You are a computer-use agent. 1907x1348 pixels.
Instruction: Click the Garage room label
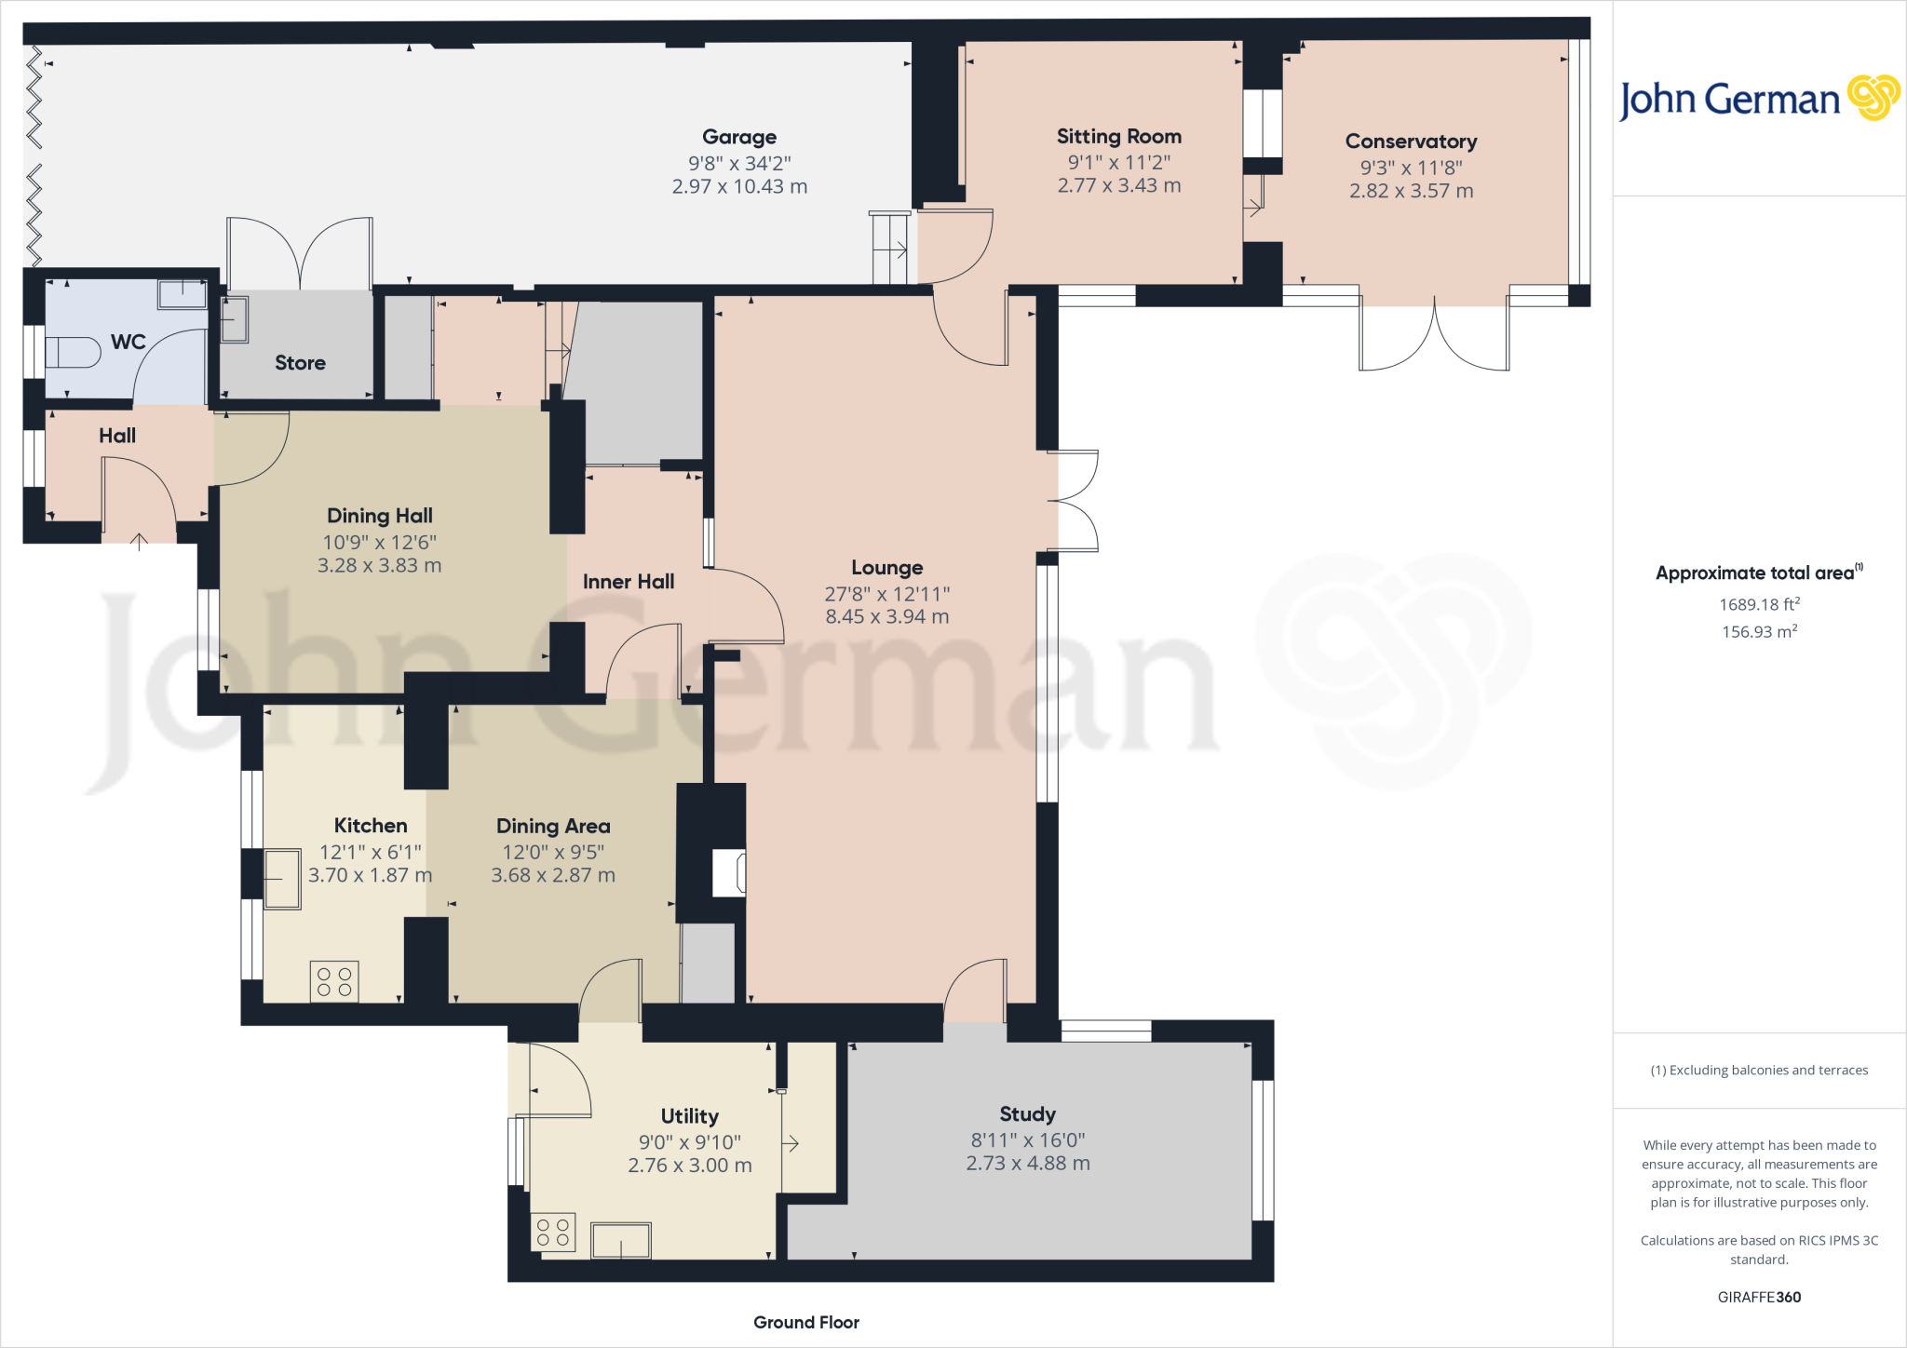pos(738,137)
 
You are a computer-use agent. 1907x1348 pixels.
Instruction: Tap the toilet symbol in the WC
pos(73,353)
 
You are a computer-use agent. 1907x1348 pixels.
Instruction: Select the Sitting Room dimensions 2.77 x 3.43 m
pos(1118,185)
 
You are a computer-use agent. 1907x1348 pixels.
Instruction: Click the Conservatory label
pos(1411,142)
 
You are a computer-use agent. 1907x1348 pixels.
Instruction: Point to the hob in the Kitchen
pos(334,981)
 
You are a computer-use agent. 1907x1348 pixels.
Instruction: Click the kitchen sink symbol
pos(282,878)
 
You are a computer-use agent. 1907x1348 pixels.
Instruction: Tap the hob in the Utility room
pos(553,1233)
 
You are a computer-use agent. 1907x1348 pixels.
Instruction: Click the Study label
pos(1027,1114)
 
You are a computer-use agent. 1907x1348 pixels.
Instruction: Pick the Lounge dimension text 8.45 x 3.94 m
pos(886,616)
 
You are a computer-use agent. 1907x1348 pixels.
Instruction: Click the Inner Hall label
pos(629,582)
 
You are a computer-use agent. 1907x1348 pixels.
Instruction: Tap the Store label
pos(300,363)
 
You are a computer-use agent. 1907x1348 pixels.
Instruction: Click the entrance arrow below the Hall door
pos(139,541)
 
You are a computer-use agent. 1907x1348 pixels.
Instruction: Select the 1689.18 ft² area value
pos(1758,604)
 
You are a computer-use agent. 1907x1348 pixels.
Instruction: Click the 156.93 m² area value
pos(1758,631)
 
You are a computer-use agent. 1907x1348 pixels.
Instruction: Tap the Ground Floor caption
pos(805,1322)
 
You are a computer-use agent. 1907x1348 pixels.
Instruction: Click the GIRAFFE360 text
pos(1758,1297)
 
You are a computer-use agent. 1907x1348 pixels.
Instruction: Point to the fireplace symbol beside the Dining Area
pos(728,873)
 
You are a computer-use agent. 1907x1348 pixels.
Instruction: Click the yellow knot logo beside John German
pos(1873,98)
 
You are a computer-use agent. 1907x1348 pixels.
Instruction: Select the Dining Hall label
pos(379,516)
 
